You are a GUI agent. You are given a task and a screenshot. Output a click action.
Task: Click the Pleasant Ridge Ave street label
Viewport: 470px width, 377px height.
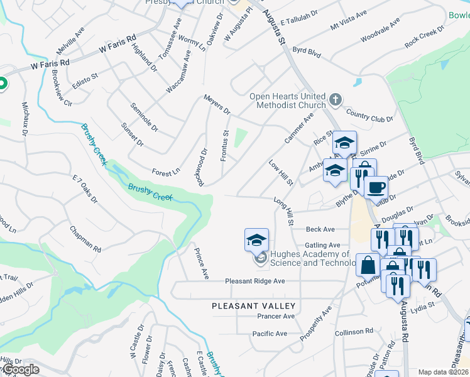pos(255,281)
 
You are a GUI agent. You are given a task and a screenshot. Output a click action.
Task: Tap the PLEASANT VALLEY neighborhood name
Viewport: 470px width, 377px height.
pos(253,305)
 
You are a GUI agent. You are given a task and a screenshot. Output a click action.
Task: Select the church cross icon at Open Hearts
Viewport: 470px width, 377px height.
pos(336,99)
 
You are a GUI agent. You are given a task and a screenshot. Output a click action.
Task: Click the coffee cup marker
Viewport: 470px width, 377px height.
pos(376,188)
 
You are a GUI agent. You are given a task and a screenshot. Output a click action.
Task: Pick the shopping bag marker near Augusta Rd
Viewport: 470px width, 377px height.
pos(368,266)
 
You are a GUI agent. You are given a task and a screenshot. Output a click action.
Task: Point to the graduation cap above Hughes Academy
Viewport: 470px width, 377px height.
pos(256,240)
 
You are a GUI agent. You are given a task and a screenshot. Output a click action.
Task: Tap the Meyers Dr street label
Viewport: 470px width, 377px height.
pos(217,104)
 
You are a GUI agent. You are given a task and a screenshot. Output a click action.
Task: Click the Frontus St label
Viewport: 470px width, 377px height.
pos(225,145)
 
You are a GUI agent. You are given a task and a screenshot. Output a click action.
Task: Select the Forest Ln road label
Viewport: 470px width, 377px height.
pos(166,171)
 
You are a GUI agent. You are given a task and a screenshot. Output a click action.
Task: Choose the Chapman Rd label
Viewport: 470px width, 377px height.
pos(85,240)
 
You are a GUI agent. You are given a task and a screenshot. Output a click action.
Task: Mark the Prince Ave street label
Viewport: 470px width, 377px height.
pos(202,264)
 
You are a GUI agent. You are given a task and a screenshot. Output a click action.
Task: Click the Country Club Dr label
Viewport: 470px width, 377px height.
pos(369,117)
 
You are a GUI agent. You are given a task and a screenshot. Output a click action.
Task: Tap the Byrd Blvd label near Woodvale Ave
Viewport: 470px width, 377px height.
pos(307,52)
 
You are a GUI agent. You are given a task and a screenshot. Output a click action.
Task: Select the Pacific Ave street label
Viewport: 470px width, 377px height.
pos(270,333)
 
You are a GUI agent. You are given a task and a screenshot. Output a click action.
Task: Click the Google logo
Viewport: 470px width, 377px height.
pos(20,369)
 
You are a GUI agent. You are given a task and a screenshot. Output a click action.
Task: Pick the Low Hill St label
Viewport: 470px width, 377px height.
pos(281,173)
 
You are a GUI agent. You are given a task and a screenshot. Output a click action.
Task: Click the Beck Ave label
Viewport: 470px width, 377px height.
pos(320,230)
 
